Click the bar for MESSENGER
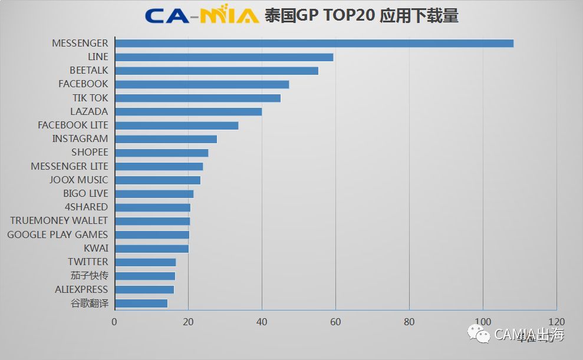tap(314, 43)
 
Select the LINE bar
tap(224, 57)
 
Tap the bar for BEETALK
tap(216, 71)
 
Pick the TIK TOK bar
tap(197, 98)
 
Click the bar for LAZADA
tap(188, 111)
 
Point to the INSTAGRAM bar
tap(166, 139)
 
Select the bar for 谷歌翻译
tap(141, 303)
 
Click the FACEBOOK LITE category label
tap(73, 125)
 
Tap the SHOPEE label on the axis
tap(90, 153)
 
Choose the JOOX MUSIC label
tap(78, 180)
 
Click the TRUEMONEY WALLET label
tap(59, 220)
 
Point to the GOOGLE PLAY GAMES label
tap(57, 235)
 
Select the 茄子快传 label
tap(89, 276)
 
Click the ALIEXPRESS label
tap(81, 289)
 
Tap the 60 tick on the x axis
tap(335, 322)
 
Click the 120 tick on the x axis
tap(556, 322)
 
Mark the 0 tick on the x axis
tap(114, 322)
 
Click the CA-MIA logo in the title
tap(202, 15)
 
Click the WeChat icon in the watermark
tap(479, 334)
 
